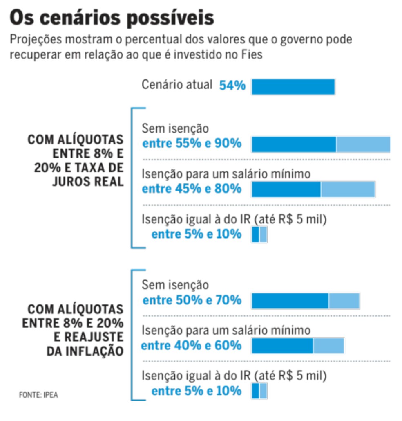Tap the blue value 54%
tap(232, 86)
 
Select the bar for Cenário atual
tap(293, 87)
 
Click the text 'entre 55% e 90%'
tap(192, 144)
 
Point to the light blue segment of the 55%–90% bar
tap(363, 145)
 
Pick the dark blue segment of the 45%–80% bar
tap(286, 189)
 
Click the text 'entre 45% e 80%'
tap(192, 189)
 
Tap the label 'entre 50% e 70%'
tap(192, 300)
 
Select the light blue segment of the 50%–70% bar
tap(344, 301)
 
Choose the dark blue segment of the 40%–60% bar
tap(282, 346)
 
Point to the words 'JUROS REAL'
tap(88, 181)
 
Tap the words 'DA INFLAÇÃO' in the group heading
tap(85, 351)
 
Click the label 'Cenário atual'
tap(177, 85)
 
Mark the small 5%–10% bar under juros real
tap(259, 235)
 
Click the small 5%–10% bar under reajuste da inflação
tap(259, 391)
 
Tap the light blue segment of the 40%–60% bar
tap(328, 346)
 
